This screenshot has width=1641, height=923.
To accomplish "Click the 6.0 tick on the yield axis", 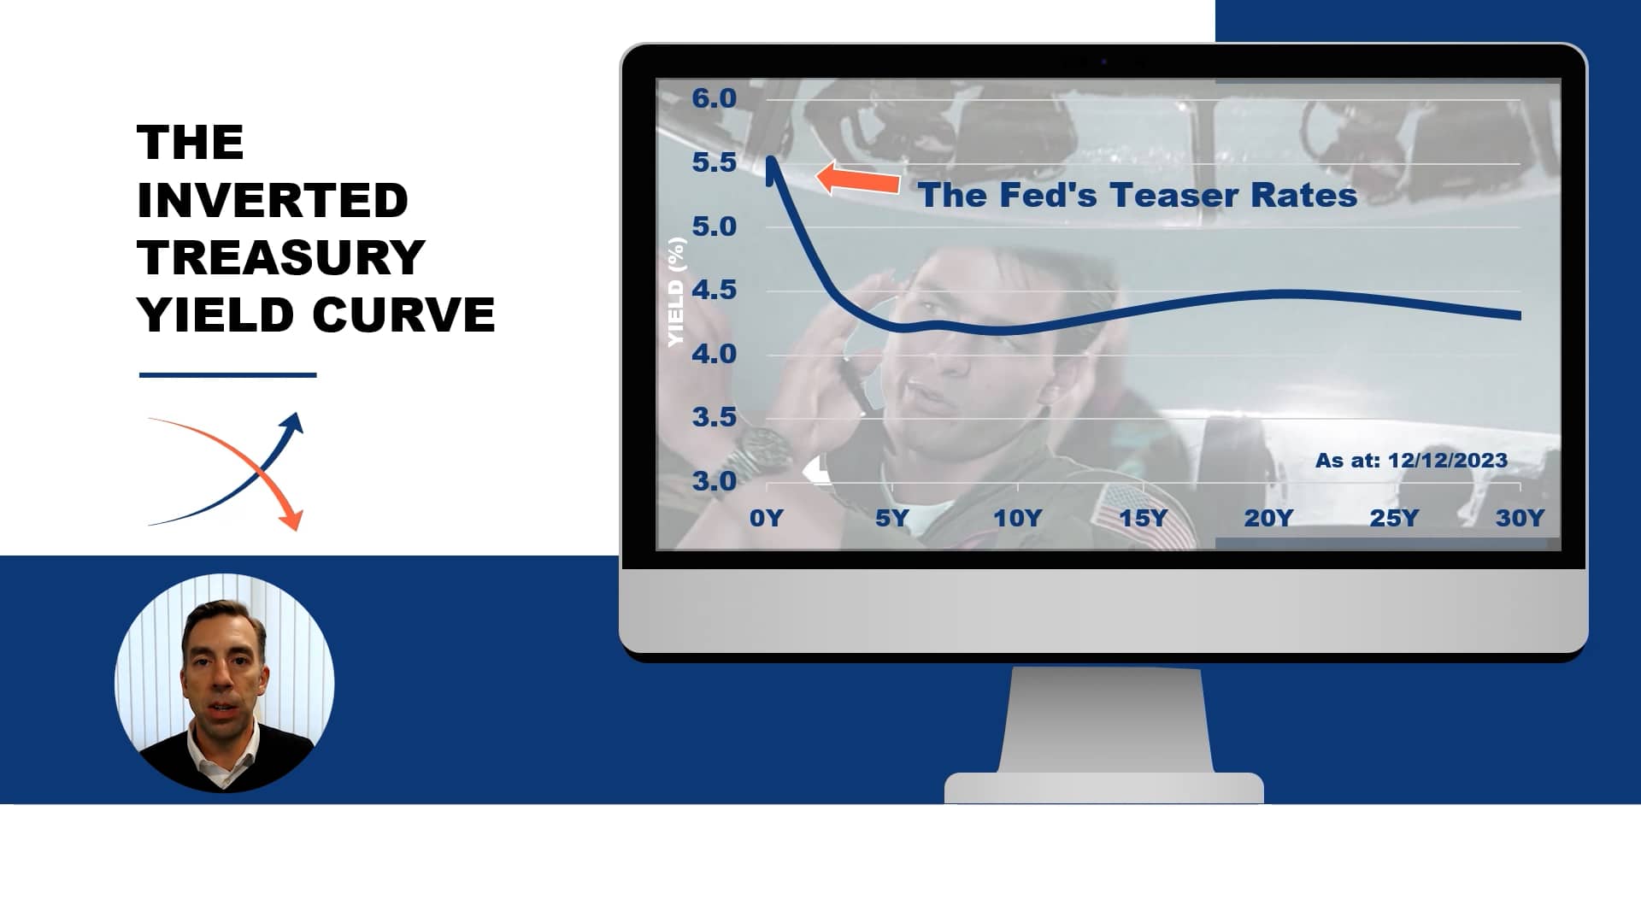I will tap(714, 98).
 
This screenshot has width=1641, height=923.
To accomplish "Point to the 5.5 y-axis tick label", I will tap(714, 162).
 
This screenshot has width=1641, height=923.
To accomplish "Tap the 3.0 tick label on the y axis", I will tap(714, 481).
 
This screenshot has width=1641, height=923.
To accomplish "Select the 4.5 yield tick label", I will tap(714, 290).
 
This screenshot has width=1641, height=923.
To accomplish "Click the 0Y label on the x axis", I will tap(766, 518).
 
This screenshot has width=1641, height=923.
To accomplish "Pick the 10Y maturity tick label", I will tap(1017, 518).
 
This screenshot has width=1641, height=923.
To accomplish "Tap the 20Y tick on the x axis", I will tap(1268, 518).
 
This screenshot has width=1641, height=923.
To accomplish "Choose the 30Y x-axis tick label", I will tap(1520, 518).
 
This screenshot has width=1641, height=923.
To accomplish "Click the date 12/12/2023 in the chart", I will tap(1447, 461).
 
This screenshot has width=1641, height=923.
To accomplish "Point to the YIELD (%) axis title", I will tap(676, 292).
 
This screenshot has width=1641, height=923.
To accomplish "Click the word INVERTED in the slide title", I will tap(272, 200).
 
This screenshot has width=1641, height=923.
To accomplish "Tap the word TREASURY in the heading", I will tap(280, 257).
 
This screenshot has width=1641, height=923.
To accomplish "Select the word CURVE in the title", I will tap(403, 315).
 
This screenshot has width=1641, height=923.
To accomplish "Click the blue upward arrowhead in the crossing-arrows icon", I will tap(293, 422).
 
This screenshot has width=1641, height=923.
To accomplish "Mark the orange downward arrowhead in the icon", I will tap(292, 518).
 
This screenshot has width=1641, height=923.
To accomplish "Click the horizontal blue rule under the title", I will tap(227, 374).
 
